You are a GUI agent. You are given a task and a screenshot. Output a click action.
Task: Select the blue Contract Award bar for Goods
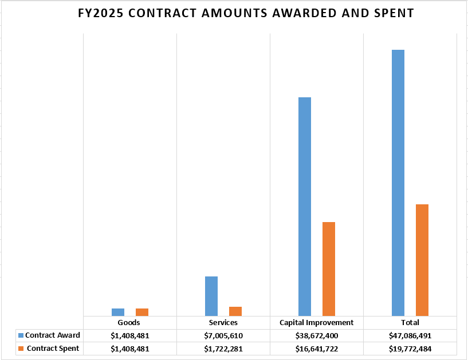[118, 312]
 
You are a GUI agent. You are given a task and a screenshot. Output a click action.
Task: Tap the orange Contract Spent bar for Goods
[142, 312]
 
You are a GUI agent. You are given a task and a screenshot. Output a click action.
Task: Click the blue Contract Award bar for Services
[211, 296]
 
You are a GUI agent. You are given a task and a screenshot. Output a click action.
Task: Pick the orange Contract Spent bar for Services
[235, 311]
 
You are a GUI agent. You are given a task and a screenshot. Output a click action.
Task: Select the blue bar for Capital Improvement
[305, 206]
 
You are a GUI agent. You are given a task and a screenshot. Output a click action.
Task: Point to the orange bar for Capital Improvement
[329, 268]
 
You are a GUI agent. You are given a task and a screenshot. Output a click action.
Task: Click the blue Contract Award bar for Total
[398, 183]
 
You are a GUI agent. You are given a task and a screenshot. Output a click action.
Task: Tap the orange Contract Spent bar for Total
[422, 260]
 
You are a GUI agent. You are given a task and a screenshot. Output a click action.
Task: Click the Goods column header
[129, 323]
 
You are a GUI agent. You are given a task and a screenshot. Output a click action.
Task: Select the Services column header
[223, 323]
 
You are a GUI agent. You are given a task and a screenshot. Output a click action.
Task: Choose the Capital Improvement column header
[316, 323]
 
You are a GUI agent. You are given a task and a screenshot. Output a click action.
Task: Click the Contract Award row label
[52, 335]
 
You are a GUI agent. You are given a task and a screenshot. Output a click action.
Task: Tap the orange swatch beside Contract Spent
[21, 349]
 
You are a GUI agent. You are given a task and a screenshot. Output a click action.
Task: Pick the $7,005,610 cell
[223, 336]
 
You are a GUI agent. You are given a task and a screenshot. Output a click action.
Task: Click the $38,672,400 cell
[316, 336]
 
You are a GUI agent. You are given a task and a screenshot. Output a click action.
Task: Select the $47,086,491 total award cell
[410, 336]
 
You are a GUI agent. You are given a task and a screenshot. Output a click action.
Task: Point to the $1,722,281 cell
[223, 349]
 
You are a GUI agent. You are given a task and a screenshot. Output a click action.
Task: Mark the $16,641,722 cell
[316, 349]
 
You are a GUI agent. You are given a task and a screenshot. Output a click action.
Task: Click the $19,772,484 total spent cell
[410, 349]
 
